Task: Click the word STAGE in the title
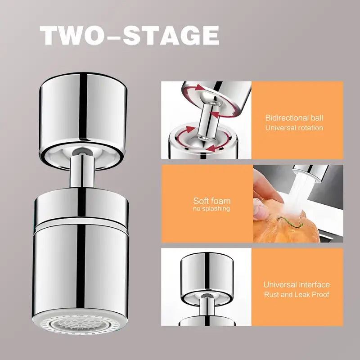pyautogui.click(x=171, y=36)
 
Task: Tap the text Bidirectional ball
pyautogui.click(x=294, y=118)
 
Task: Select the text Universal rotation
pyautogui.click(x=294, y=128)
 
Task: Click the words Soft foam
pyautogui.click(x=211, y=201)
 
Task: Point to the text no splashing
pyautogui.click(x=211, y=208)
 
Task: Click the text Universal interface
pyautogui.click(x=297, y=285)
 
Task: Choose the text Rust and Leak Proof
pyautogui.click(x=297, y=294)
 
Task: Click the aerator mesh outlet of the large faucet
pyautogui.click(x=80, y=324)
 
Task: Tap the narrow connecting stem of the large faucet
pyautogui.click(x=82, y=171)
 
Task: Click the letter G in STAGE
pyautogui.click(x=190, y=36)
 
